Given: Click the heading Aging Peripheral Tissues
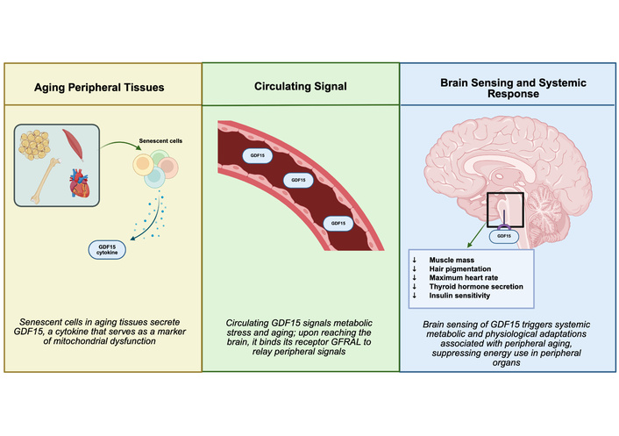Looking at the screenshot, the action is point(99,87).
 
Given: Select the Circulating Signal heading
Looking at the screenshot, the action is point(301,87).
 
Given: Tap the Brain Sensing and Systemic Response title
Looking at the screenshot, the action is point(513,88).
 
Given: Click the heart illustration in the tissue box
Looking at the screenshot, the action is point(80,182).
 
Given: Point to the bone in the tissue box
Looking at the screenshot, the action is point(46,181).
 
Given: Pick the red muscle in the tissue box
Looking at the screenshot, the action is point(73,145).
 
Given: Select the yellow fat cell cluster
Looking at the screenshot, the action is point(34,145).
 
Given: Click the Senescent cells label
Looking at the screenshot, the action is point(160,141).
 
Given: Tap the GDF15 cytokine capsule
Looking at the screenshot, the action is point(107,250).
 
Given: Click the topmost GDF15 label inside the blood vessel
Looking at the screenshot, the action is point(258,155).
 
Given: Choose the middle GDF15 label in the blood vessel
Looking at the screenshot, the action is point(298,180).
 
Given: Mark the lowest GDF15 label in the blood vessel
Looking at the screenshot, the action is point(338,223).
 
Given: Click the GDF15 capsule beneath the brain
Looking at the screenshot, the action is point(504,236).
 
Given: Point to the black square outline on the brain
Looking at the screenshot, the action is point(487,210).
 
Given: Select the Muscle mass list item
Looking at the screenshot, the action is point(452,260).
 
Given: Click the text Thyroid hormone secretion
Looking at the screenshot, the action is point(476,287).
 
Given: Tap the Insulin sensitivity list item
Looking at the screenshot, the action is point(459,296).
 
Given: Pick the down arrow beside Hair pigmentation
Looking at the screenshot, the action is point(415,269).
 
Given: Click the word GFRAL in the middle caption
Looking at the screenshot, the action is point(345,342).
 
